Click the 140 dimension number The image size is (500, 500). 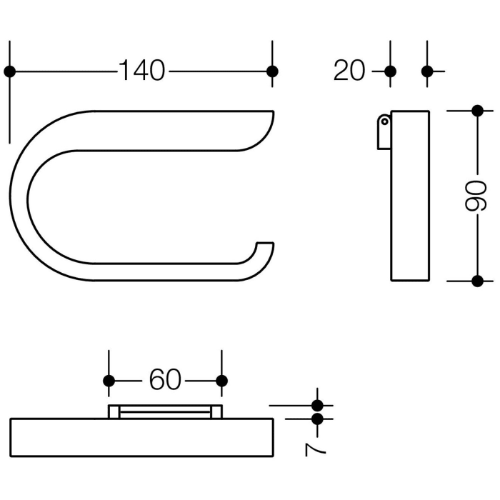tap(141, 71)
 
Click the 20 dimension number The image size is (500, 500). tap(349, 71)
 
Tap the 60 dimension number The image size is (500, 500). tap(165, 380)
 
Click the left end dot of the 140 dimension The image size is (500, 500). tap(9, 71)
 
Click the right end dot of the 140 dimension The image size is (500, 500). tap(271, 71)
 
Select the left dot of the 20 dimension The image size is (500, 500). tap(390, 71)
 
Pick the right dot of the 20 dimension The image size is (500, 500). tap(427, 71)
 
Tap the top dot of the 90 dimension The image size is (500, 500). tap(478, 111)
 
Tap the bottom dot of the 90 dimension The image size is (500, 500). tap(478, 280)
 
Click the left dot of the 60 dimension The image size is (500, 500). tap(109, 381)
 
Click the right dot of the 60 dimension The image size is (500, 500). tap(221, 381)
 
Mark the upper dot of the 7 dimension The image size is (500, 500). tap(318, 406)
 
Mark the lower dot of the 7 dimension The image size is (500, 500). tap(318, 419)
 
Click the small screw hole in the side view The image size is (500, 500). tap(384, 121)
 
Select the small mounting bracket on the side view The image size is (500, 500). tap(384, 132)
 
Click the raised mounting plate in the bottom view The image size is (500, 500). tap(165, 411)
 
